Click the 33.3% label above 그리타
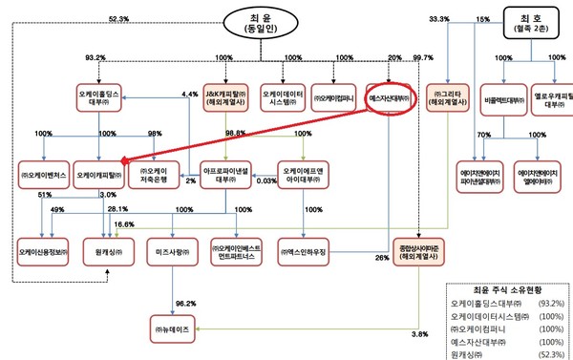(x=439, y=19)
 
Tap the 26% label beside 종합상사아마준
(x=381, y=258)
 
